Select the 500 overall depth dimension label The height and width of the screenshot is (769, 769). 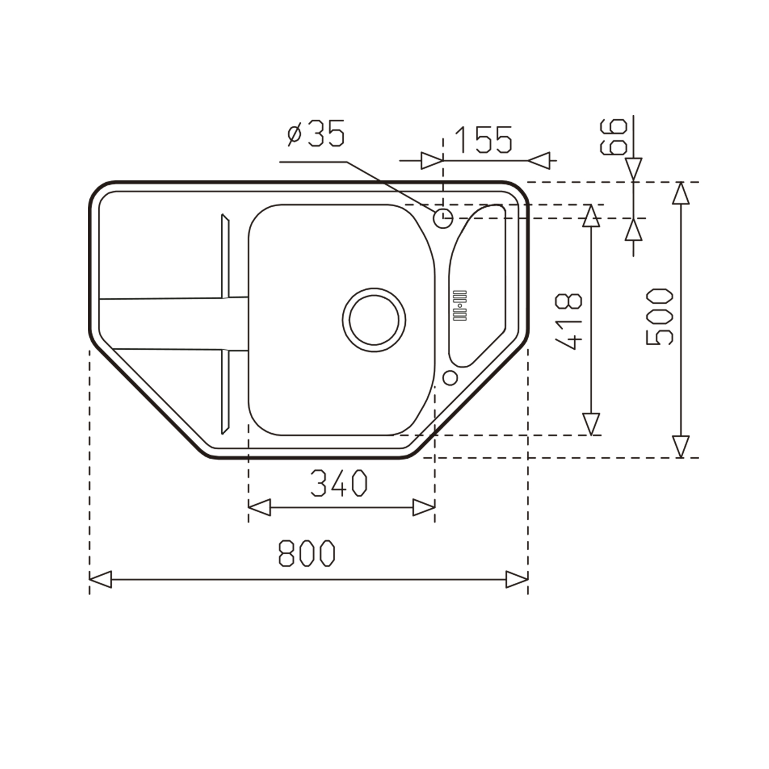click(659, 316)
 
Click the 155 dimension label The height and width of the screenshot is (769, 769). click(483, 140)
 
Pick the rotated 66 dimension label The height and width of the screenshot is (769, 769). click(613, 137)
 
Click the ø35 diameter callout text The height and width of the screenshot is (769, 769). click(316, 133)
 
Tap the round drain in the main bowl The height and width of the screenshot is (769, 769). click(374, 320)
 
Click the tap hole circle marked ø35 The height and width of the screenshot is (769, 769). click(443, 219)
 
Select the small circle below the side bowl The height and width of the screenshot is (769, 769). click(450, 378)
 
